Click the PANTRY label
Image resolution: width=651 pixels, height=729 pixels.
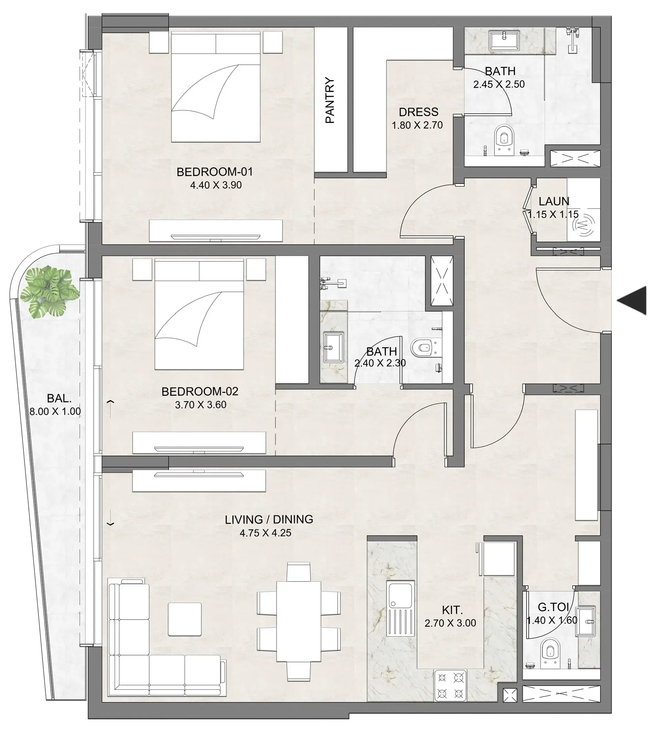pos(330,100)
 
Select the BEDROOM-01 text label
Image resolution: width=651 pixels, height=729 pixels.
pos(215,172)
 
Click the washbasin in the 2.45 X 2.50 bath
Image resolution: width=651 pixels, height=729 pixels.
pos(504,41)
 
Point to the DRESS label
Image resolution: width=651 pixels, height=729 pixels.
pos(419,112)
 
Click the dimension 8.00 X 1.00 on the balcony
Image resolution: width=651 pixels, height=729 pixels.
pos(55,411)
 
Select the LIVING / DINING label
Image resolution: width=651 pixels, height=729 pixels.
pos(269,519)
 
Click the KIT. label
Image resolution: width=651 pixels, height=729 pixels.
pos(452,610)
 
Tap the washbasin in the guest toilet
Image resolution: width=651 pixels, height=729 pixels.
pos(585,621)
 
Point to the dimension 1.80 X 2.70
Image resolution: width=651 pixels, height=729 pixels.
pos(417,125)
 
